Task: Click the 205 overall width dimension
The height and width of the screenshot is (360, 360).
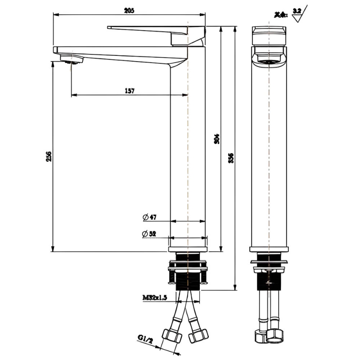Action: pos(130,10)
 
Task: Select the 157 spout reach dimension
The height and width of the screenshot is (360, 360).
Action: pos(130,90)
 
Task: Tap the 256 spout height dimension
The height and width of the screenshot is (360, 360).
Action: pos(49,156)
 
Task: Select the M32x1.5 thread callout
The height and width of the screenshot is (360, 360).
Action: pos(155,297)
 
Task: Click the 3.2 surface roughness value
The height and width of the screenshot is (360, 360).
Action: pos(297,10)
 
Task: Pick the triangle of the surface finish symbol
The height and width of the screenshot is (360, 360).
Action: pos(297,18)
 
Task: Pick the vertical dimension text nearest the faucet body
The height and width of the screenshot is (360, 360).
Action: pos(217,138)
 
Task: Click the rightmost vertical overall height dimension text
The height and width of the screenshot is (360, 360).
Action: pos(231,157)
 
